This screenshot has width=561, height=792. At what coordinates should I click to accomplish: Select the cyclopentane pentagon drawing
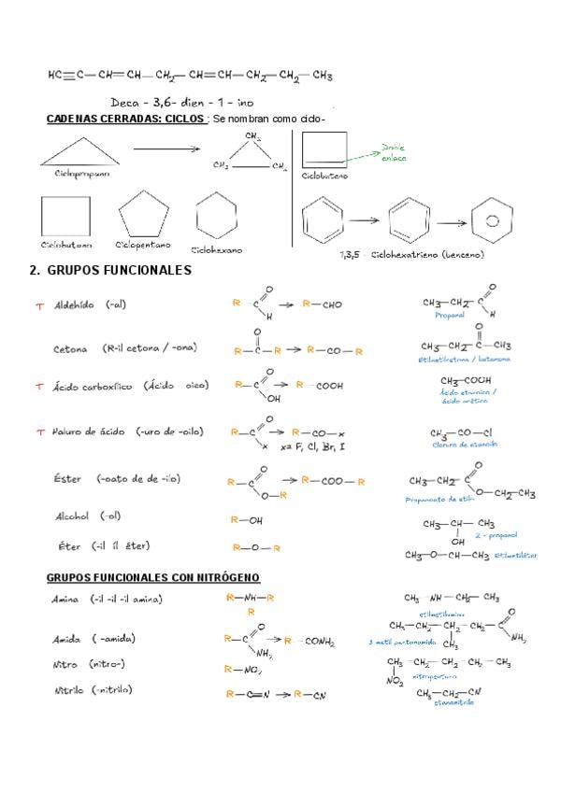tap(143, 216)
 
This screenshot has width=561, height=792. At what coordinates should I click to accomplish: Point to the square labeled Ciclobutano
tap(65, 217)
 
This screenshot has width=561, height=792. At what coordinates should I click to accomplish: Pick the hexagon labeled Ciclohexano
tap(216, 216)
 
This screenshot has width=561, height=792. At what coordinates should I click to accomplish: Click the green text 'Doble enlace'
tap(395, 152)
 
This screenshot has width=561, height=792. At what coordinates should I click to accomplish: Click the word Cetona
tap(70, 348)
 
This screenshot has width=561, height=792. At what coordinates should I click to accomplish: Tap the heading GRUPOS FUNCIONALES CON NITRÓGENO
tap(152, 578)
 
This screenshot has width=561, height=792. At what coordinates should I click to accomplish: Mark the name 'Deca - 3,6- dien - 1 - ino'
tap(176, 101)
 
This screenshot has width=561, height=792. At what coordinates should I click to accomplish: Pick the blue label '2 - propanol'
tap(496, 537)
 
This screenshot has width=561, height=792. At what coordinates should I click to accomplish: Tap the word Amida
tap(65, 639)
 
